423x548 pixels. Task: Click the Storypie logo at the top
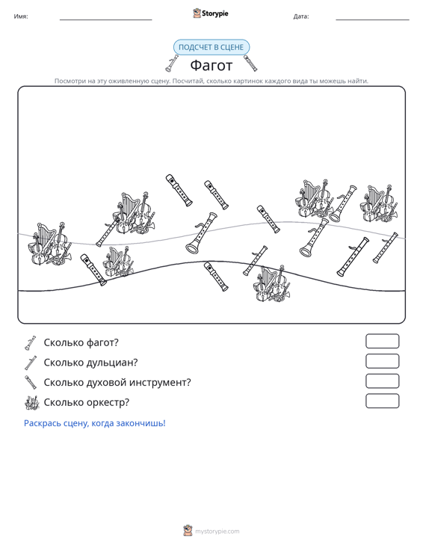tap(211, 13)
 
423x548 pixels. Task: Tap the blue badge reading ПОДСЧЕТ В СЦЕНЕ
tap(211, 47)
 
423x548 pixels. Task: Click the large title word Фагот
tap(211, 65)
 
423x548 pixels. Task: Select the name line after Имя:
tap(106, 19)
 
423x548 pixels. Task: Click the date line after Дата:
tap(372, 19)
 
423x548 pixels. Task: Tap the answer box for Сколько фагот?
tap(382, 341)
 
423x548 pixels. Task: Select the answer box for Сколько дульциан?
tap(382, 361)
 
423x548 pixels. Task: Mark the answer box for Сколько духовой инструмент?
tap(382, 381)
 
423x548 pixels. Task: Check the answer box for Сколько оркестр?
tap(382, 401)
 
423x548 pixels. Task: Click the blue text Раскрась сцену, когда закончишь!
tap(95, 423)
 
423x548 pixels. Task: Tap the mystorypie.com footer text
tap(217, 532)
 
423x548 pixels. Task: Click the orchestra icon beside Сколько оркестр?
tap(32, 403)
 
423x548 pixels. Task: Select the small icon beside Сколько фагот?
tap(30, 343)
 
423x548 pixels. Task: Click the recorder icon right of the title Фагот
tap(250, 63)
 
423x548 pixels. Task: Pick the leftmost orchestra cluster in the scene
tap(50, 244)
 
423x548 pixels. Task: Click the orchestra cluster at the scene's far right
tap(379, 203)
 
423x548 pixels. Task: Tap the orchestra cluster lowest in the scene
tap(273, 284)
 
